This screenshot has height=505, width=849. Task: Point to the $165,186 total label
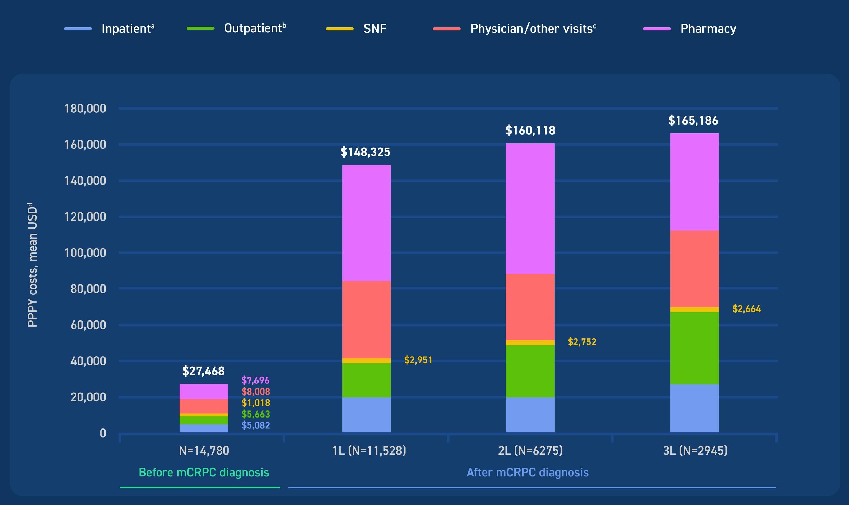pos(693,120)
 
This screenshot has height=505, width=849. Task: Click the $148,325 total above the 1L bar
pos(365,152)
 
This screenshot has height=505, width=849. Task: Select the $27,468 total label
pos(203,371)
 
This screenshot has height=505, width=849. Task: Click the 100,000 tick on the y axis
pos(85,253)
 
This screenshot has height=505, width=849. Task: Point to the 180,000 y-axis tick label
pos(85,109)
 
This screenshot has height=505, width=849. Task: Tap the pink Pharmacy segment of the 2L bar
pos(530,208)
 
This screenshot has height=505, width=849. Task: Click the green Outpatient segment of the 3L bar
pos(694,348)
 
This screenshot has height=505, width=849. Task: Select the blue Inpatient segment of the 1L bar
pos(366,415)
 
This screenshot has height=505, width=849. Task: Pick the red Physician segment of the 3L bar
pos(694,269)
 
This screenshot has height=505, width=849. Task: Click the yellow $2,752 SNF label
pos(582,342)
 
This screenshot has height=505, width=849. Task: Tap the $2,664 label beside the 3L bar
pos(746,309)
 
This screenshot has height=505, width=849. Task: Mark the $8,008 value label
pos(256,392)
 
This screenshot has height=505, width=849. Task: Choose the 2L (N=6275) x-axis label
pos(530,451)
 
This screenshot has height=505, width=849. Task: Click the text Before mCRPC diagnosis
pos(204,473)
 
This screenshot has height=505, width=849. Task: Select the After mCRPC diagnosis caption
pos(527,473)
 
